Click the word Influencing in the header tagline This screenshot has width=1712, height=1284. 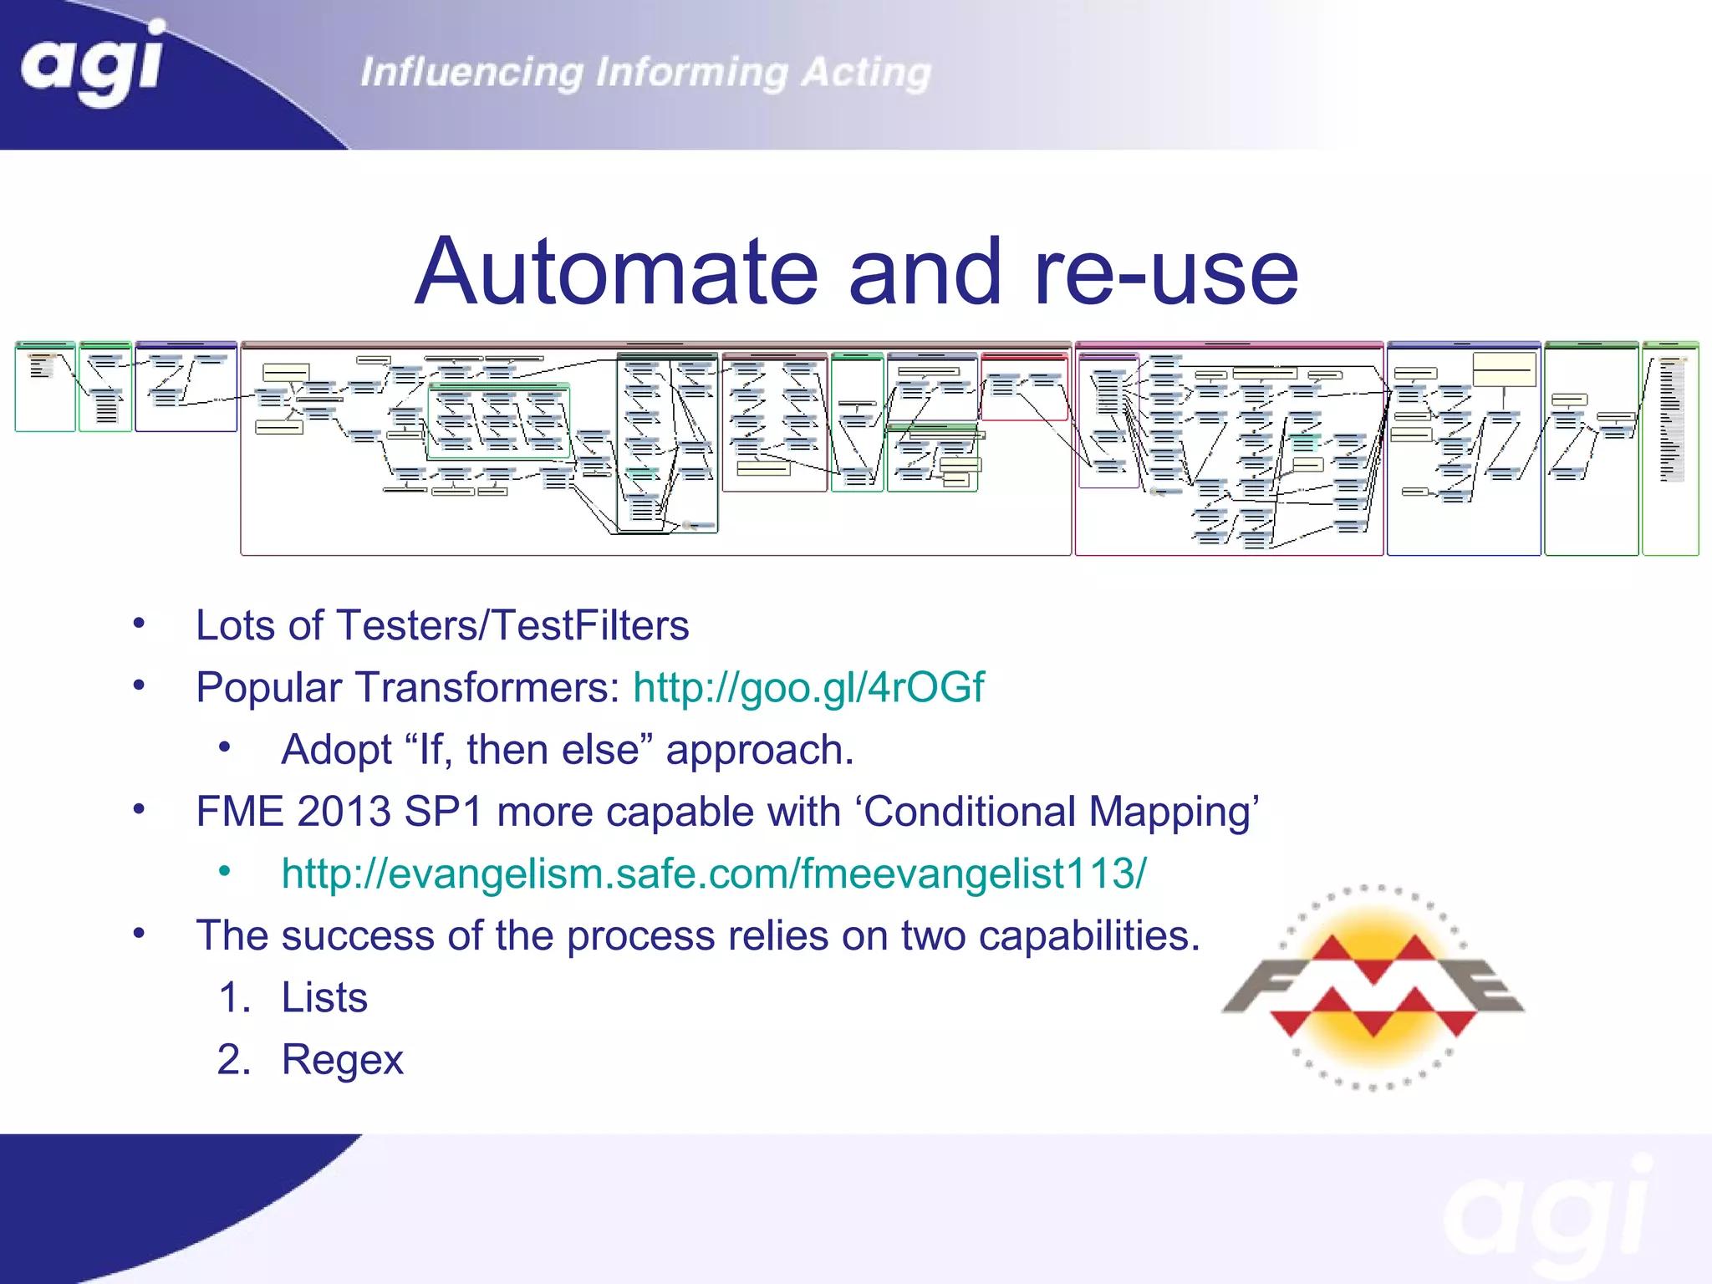471,73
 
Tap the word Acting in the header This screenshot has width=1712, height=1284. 866,73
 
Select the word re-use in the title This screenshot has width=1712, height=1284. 1165,272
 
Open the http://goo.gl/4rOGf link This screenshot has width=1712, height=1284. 808,687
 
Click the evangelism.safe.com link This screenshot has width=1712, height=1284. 714,874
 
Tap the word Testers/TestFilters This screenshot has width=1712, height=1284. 512,625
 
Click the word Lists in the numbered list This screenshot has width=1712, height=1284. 324,997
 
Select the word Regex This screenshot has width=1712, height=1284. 343,1060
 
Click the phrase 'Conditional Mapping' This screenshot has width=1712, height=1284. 1060,812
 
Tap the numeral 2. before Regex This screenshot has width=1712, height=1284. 233,1060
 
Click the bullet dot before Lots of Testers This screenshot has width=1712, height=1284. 139,624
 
